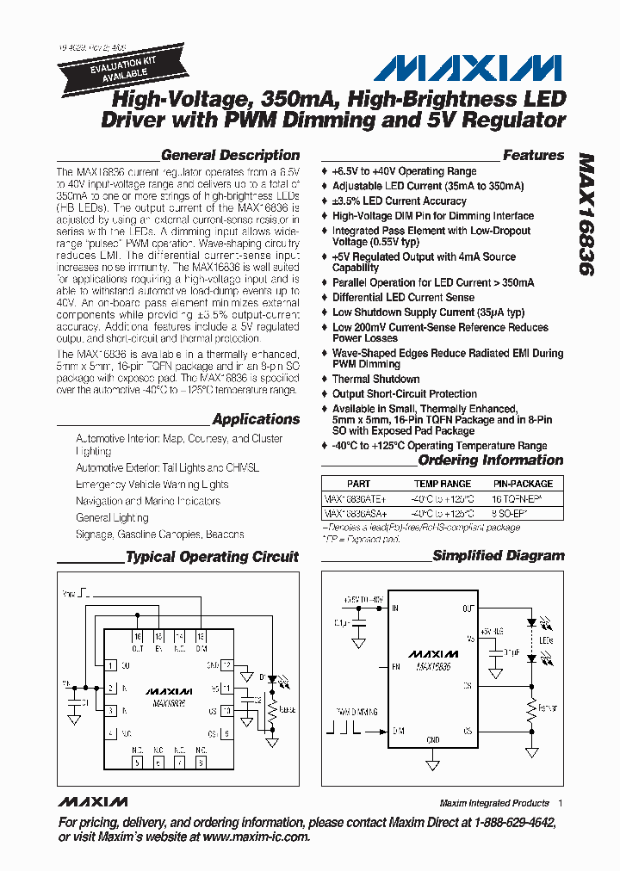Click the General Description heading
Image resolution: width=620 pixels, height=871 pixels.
point(230,156)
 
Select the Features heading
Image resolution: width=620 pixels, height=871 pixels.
point(533,156)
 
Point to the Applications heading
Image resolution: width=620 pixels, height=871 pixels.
point(256,419)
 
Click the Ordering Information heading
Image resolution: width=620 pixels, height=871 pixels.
point(490,460)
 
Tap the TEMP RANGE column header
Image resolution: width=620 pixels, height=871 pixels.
point(443,484)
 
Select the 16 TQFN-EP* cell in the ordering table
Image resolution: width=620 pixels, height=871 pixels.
point(522,498)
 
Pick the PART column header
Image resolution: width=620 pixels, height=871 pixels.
point(358,484)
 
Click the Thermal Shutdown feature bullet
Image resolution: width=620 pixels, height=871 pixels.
point(376,379)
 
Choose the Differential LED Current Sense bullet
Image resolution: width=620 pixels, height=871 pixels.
point(403,298)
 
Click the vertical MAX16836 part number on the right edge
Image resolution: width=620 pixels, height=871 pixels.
point(586,214)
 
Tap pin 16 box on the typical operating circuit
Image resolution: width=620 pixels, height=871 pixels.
point(138,636)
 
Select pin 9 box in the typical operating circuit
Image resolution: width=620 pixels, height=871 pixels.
point(226,733)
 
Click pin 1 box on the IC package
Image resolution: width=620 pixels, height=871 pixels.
point(111,665)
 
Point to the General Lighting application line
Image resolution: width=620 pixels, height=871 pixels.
point(112,517)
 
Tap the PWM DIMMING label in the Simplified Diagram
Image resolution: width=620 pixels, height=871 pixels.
point(355,713)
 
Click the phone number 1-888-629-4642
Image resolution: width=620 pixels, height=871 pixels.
point(507,823)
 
